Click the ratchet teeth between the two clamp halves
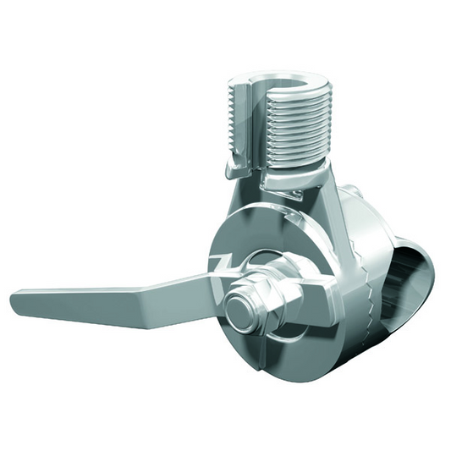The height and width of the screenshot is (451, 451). pyautogui.click(x=371, y=279)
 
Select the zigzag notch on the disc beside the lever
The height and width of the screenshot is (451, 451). pyautogui.click(x=222, y=262)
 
